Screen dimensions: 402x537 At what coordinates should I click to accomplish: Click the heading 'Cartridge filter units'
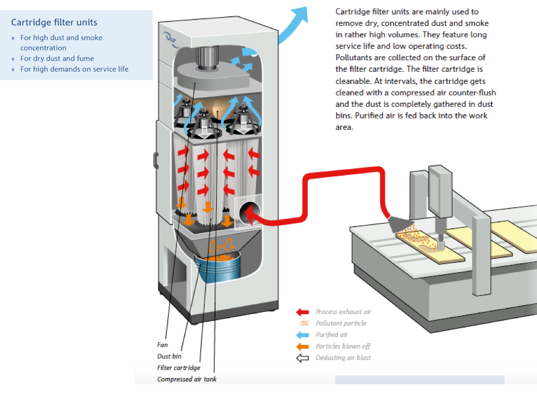click(54, 23)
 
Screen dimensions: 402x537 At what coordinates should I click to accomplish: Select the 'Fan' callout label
click(163, 345)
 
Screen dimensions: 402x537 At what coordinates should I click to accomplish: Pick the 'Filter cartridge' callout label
click(178, 368)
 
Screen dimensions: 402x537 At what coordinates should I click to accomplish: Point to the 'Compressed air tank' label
click(186, 379)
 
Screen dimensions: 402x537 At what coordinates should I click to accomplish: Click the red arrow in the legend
click(303, 312)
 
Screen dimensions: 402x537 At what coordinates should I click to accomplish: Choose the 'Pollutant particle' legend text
click(341, 323)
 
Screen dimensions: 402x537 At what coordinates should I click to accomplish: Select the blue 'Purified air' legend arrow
click(303, 335)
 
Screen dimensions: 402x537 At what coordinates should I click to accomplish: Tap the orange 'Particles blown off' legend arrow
click(303, 347)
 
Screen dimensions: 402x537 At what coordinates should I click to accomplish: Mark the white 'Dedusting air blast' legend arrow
click(303, 358)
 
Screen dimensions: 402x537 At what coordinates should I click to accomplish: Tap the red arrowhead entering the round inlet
click(247, 212)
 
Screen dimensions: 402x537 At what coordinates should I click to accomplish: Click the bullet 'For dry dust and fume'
click(57, 59)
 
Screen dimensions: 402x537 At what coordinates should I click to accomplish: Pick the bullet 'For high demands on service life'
click(74, 69)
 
